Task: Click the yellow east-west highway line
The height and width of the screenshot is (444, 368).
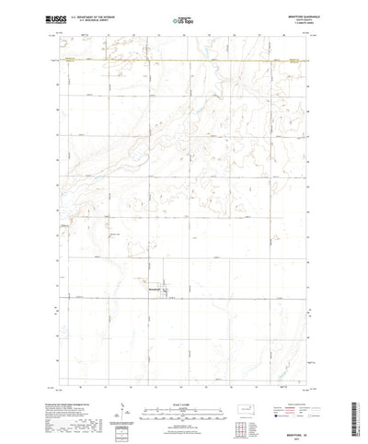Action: pos(184,62)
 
